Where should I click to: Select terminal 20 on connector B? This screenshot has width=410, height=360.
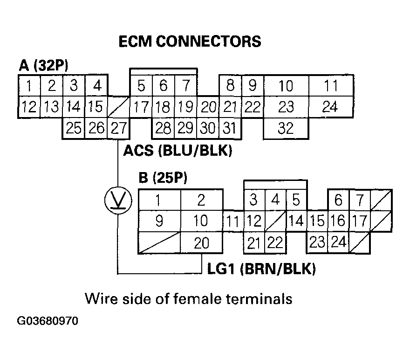coord(201,243)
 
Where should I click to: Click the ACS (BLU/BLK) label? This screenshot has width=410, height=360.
coord(178,152)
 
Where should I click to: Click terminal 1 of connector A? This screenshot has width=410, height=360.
coord(29,86)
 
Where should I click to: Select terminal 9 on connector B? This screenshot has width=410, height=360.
coord(159,221)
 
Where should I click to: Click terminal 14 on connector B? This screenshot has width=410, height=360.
coord(296,221)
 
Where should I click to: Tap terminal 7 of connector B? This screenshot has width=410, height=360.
coord(359,201)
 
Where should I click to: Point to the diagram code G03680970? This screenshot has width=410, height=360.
coord(48,322)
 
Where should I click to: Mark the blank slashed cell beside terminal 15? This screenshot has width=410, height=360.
coord(118,107)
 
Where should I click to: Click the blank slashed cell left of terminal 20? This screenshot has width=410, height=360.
coord(159,243)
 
